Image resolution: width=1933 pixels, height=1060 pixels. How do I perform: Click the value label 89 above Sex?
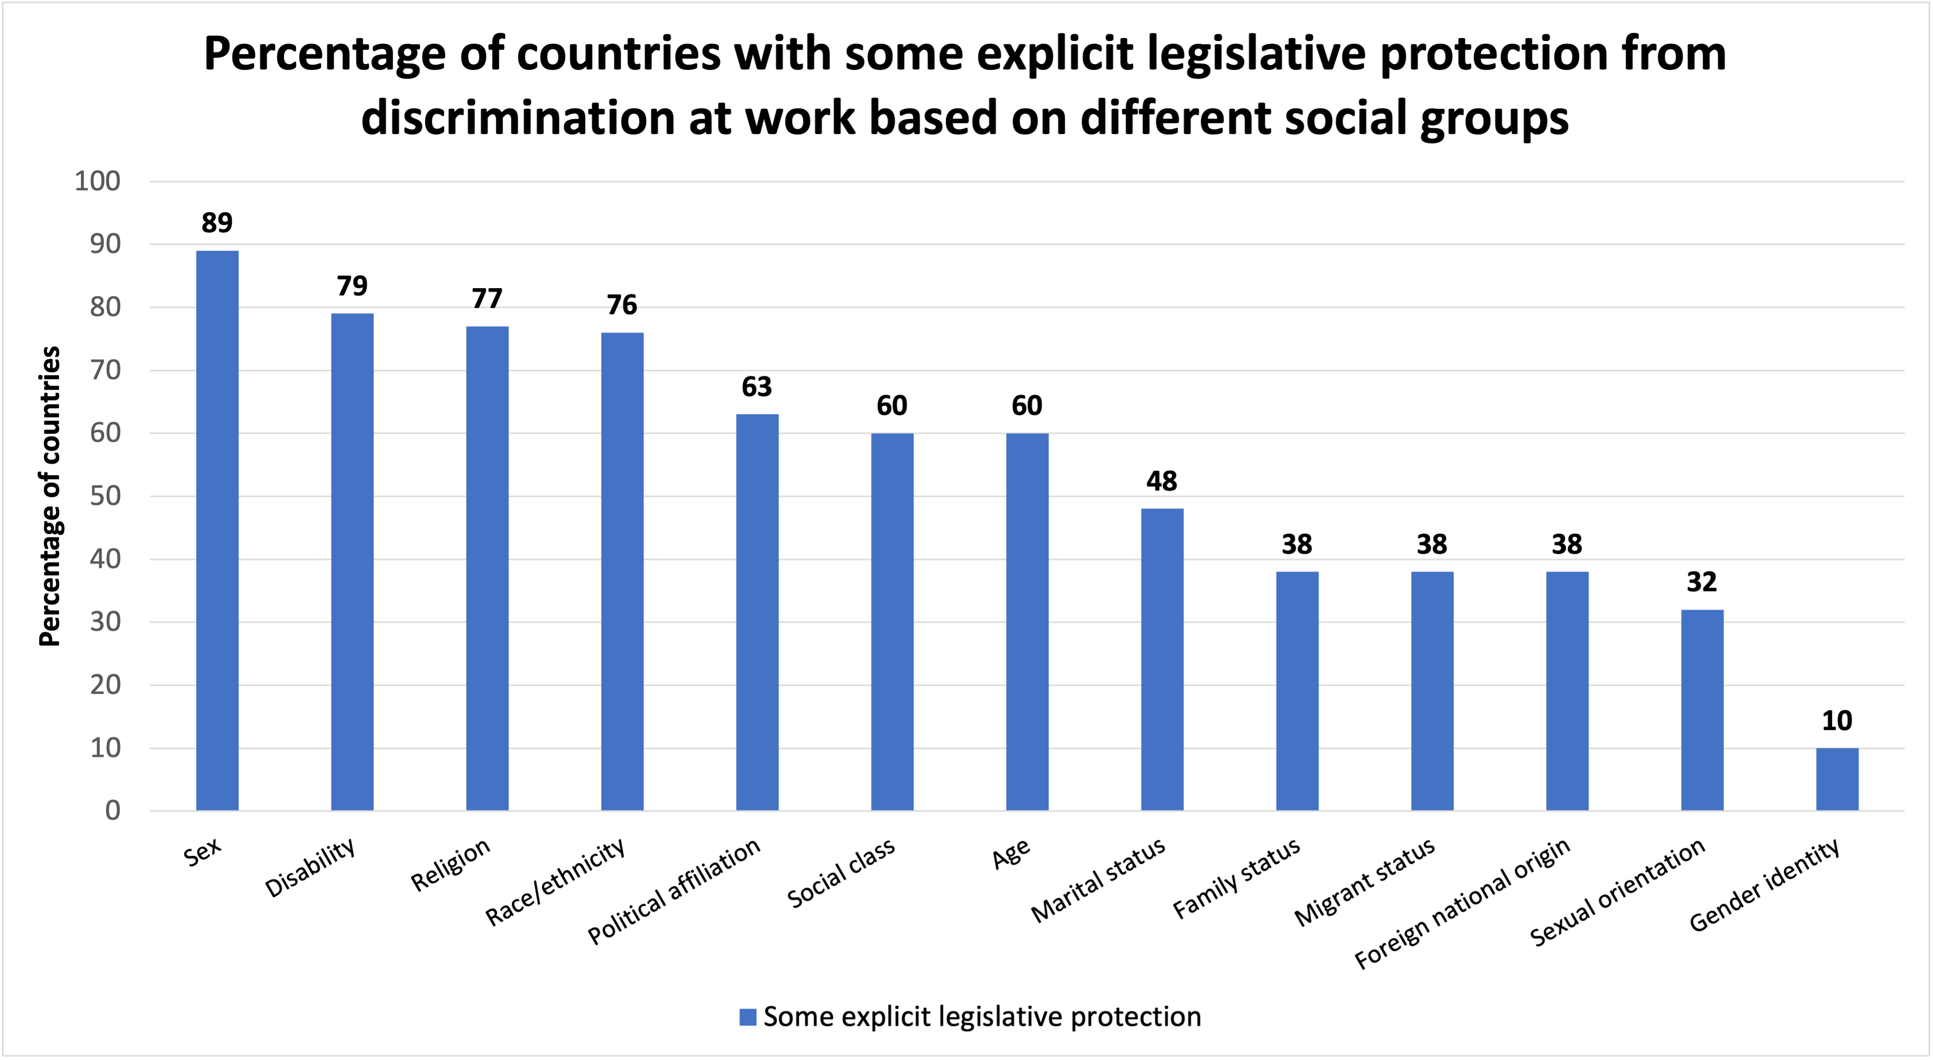pyautogui.click(x=217, y=223)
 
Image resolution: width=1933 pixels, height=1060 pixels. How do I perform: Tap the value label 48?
pyautogui.click(x=1162, y=481)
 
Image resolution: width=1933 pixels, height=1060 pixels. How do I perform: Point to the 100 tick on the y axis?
pyautogui.click(x=97, y=182)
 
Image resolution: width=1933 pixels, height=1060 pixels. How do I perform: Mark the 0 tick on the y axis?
pyautogui.click(x=113, y=810)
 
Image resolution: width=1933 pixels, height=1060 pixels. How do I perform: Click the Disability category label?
pyautogui.click(x=310, y=868)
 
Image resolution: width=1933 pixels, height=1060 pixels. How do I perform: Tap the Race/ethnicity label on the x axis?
pyautogui.click(x=555, y=881)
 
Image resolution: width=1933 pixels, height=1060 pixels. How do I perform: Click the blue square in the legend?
pyautogui.click(x=747, y=1017)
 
